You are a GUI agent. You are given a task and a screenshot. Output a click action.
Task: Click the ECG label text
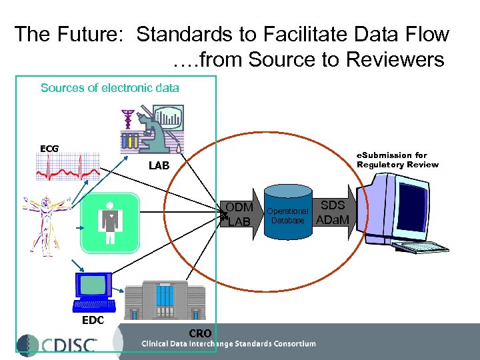click(49, 148)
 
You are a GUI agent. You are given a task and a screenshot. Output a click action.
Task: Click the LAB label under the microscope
click(159, 165)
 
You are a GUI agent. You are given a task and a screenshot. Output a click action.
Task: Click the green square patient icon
click(109, 221)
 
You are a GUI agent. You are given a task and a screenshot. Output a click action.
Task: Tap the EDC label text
click(93, 320)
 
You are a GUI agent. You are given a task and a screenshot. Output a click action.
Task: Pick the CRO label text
click(200, 333)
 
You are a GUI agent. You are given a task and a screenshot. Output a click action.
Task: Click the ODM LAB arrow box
click(239, 214)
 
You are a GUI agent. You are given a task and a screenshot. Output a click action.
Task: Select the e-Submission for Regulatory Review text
click(397, 159)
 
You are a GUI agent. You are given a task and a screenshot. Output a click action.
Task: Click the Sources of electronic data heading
click(110, 87)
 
